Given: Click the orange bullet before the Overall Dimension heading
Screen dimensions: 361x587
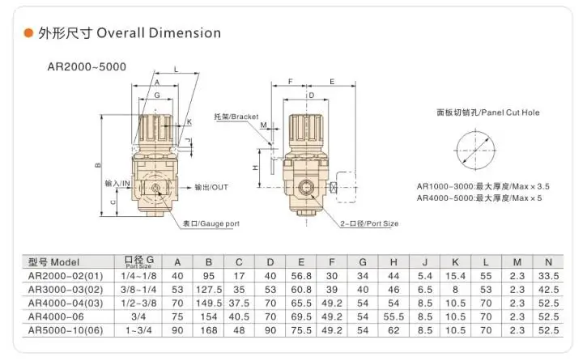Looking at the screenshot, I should click(x=28, y=34).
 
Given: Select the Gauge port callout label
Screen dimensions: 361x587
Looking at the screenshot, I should click(x=211, y=223).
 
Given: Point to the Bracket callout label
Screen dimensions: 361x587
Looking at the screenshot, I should click(x=236, y=117).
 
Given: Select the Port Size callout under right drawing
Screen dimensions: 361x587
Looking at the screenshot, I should click(x=369, y=223).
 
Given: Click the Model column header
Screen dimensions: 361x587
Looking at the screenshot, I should click(x=55, y=262).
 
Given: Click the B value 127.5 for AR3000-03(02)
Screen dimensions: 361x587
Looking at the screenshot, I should click(x=209, y=289).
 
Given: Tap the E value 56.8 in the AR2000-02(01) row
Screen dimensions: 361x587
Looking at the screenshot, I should click(x=300, y=276).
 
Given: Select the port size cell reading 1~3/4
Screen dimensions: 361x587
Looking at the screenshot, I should click(x=138, y=330).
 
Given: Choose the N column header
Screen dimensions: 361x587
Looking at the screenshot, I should click(x=548, y=262).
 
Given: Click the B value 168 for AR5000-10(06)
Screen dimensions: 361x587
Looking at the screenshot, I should click(x=209, y=330).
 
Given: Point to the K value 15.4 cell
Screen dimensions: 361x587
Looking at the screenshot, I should click(x=455, y=276).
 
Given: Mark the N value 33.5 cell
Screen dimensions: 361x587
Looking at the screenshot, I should click(x=548, y=276).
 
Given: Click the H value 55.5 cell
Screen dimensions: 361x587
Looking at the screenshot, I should click(x=393, y=316).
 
